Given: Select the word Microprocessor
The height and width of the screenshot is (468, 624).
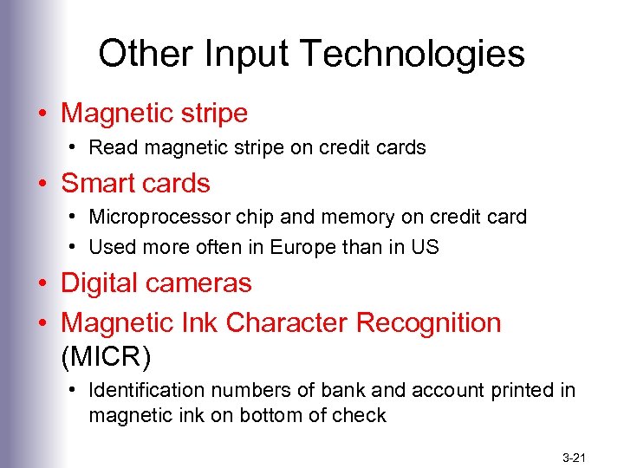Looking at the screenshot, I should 159,217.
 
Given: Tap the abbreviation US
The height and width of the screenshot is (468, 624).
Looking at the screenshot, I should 426,247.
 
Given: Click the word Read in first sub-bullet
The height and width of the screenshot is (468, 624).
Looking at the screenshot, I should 108,147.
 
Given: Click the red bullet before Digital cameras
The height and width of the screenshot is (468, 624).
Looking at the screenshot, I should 42,284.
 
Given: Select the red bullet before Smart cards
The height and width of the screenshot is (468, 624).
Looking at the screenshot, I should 42,185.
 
